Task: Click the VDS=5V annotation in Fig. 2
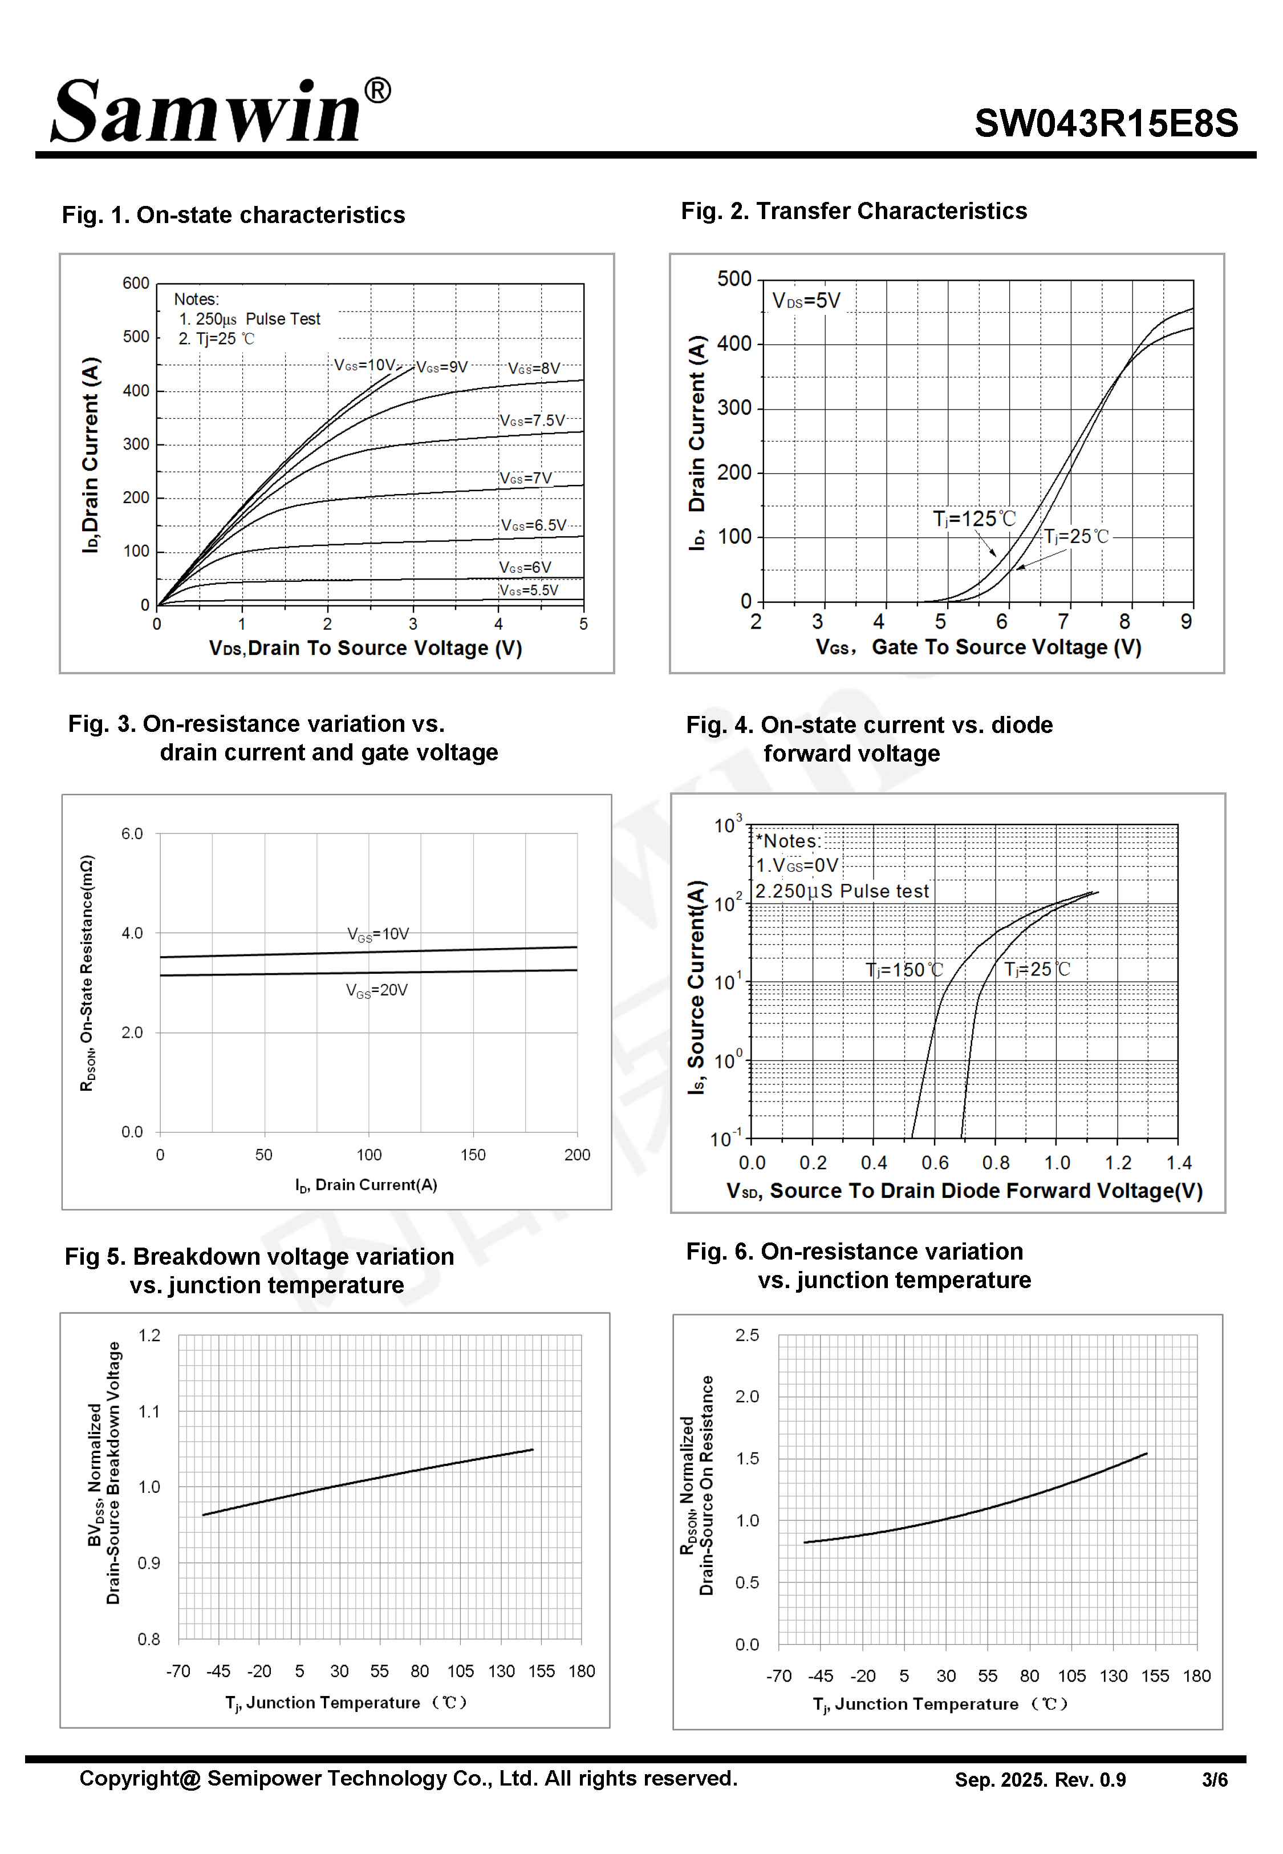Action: tap(806, 302)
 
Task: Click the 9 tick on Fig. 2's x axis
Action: tap(1185, 621)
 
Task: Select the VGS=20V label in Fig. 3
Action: tap(377, 990)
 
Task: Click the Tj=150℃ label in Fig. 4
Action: tap(904, 970)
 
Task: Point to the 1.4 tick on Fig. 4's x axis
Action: tap(1179, 1163)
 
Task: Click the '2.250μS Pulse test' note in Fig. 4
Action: tap(841, 892)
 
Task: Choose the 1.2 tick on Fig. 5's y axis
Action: tap(149, 1335)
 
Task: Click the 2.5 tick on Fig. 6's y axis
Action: tap(747, 1335)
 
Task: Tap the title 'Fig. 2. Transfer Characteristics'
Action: tap(854, 212)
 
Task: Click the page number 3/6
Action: tap(1214, 1780)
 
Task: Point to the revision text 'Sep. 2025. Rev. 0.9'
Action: tap(1040, 1780)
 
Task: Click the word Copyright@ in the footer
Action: tap(139, 1779)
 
